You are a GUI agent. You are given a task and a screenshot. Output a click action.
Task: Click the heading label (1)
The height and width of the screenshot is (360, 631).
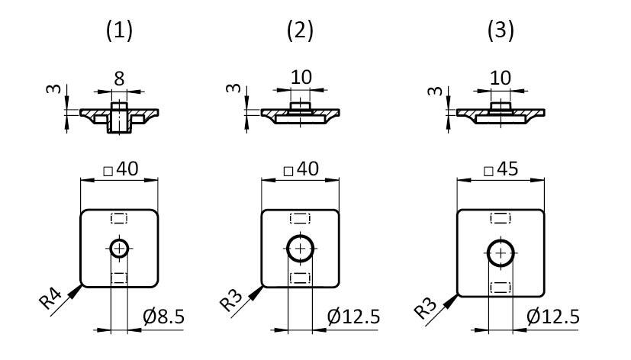[x=118, y=31]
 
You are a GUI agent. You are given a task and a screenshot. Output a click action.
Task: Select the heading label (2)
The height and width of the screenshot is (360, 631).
[x=300, y=31]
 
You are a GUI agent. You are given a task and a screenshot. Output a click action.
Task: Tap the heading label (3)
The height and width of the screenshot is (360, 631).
[x=500, y=31]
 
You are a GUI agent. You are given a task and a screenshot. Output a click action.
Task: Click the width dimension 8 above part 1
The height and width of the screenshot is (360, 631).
[x=118, y=79]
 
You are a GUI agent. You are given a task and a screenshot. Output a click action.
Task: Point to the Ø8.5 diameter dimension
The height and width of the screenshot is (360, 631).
[x=164, y=316]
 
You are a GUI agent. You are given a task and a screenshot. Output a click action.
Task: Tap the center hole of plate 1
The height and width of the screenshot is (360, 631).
[x=119, y=249]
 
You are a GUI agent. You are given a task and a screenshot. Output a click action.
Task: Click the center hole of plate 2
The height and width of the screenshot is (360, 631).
[x=301, y=249]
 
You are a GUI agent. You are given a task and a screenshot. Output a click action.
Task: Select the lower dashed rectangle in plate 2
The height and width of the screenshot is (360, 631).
[x=301, y=277]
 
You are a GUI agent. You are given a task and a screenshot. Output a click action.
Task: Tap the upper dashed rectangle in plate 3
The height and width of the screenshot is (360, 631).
[x=501, y=218]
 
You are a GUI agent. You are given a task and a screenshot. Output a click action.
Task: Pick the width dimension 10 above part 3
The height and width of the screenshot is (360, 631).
[x=500, y=79]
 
